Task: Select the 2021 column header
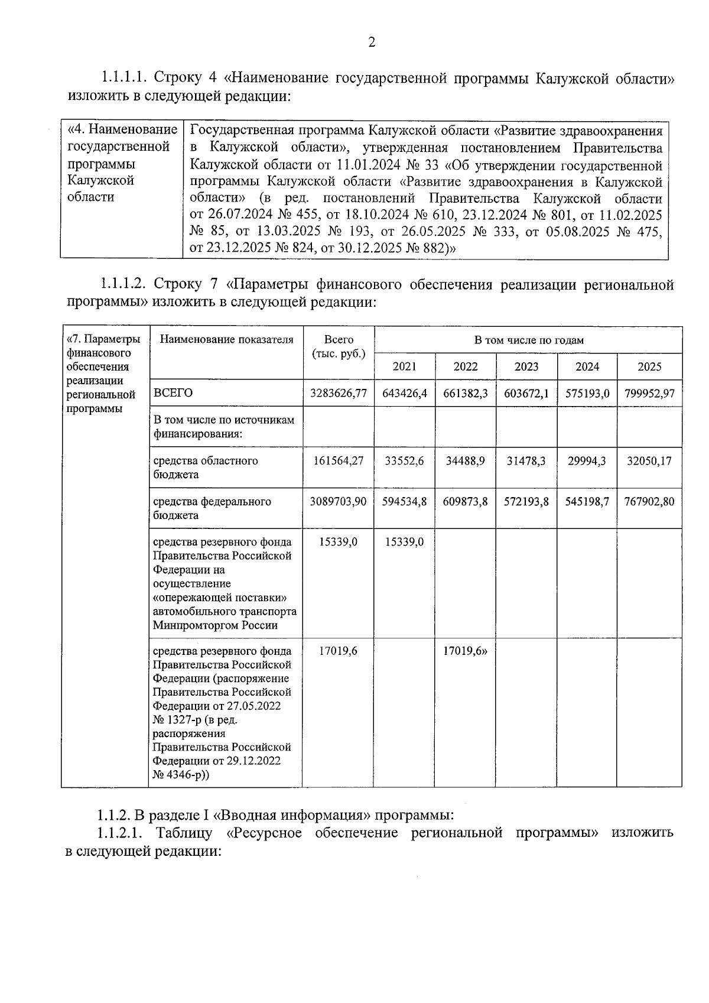tap(405, 367)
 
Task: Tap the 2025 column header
tap(649, 367)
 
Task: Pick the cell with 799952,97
tap(649, 394)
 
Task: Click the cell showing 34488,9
tap(466, 461)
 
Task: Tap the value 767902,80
tap(649, 502)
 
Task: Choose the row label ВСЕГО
tap(173, 394)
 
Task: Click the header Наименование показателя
tap(226, 340)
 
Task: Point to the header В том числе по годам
tap(528, 340)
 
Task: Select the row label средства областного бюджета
tap(205, 468)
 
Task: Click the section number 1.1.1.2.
tap(122, 285)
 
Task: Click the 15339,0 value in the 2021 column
tap(405, 542)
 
